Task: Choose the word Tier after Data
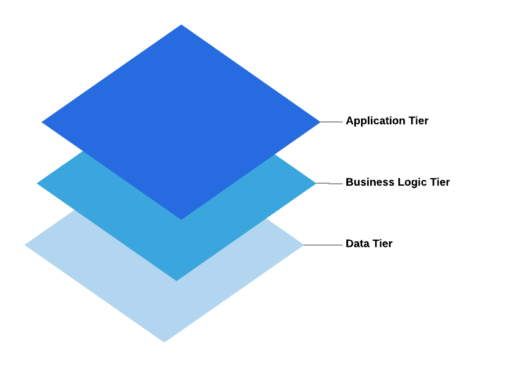[382, 243]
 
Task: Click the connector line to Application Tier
[331, 122]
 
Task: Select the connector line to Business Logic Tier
[329, 183]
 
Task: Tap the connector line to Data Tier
[323, 245]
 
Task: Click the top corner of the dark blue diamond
[181, 26]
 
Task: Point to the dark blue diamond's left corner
[43, 122]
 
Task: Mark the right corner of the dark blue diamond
[319, 122]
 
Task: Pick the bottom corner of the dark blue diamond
[181, 218]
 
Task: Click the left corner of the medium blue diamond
[39, 183]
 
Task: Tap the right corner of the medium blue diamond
[315, 183]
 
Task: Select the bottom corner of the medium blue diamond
[176, 279]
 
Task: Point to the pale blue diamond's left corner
[26, 245]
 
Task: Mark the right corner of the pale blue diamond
[302, 245]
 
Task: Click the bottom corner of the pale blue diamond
[164, 341]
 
